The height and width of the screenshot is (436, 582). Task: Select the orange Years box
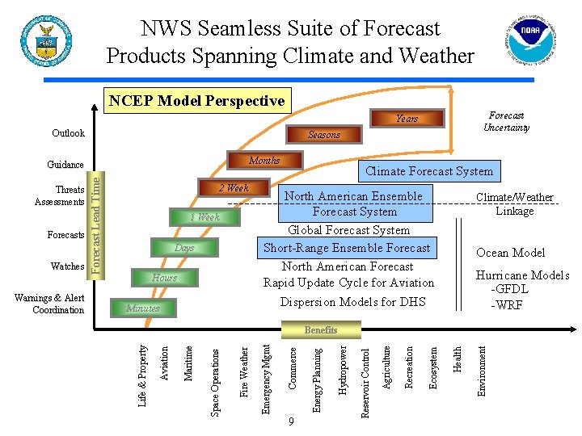[x=407, y=119]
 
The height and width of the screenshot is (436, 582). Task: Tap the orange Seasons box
[x=323, y=135]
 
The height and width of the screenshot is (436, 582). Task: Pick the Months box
[x=264, y=161]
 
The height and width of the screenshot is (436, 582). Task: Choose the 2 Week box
[x=234, y=188]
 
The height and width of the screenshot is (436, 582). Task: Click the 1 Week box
[x=205, y=217]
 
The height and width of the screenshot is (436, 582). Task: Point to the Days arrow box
[x=185, y=248]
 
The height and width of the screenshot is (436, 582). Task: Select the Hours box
[x=164, y=278]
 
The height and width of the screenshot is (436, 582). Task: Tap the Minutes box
[x=143, y=308]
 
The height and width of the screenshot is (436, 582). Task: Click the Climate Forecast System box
[x=428, y=171]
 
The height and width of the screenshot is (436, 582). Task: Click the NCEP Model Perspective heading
[x=196, y=101]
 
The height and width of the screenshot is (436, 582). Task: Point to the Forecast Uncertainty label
[x=506, y=121]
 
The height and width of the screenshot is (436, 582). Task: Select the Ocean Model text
[x=510, y=253]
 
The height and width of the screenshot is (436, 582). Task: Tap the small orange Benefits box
[x=321, y=330]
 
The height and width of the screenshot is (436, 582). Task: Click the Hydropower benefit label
[x=343, y=370]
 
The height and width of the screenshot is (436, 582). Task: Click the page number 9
[x=291, y=422]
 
